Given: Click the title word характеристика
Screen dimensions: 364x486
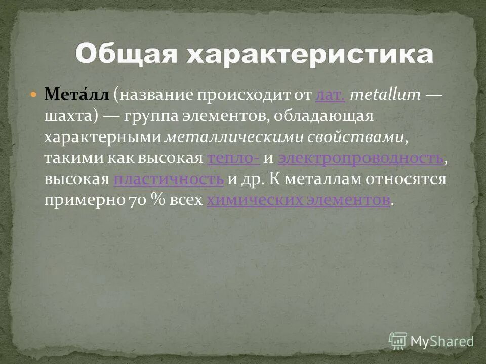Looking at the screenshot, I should (310, 54).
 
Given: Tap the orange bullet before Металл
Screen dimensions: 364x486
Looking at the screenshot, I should (34, 95).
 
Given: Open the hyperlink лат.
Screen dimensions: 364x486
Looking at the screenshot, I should (330, 94).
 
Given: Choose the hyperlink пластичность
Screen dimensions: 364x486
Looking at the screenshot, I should (169, 179).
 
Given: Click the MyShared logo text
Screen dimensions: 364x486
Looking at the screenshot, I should (441, 341).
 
